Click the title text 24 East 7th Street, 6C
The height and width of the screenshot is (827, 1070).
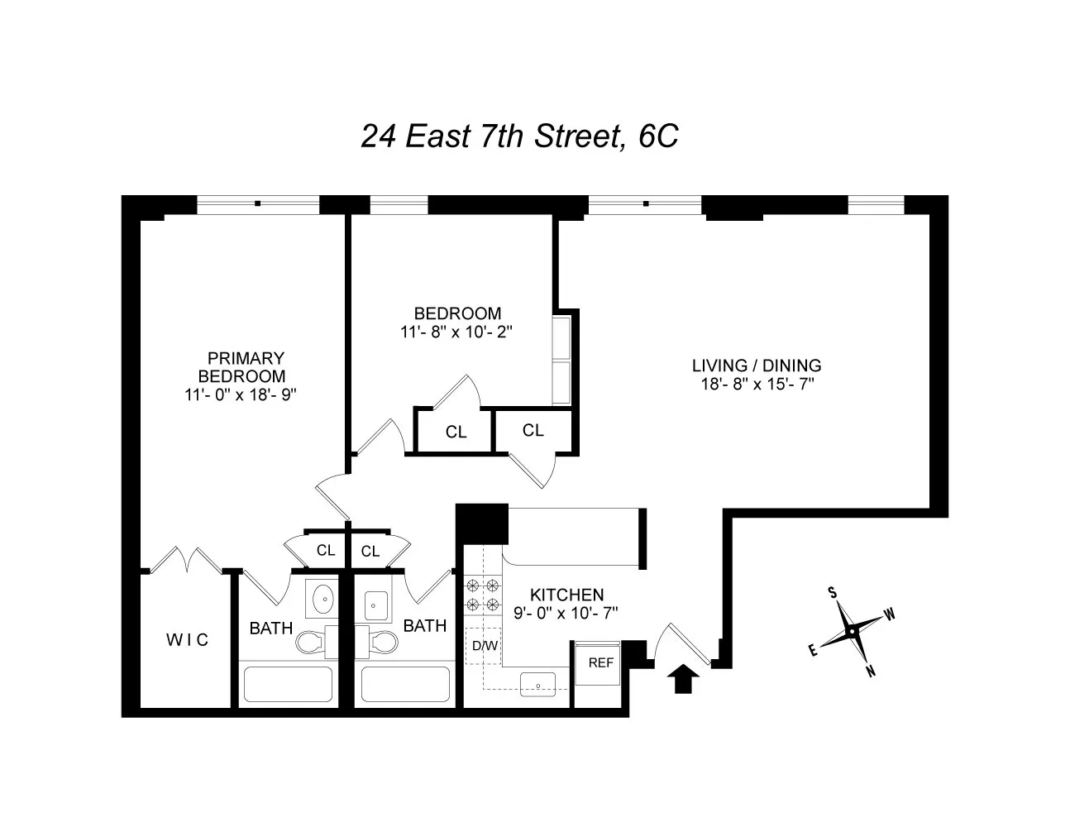pos(519,136)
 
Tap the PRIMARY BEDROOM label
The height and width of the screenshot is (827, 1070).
pos(246,367)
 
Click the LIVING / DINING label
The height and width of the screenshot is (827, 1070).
pos(756,365)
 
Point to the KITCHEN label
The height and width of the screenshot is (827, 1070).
pos(566,595)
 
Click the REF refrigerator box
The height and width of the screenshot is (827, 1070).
pos(600,662)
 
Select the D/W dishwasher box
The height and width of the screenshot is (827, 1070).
pos(485,645)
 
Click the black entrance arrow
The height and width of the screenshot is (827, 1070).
pos(682,680)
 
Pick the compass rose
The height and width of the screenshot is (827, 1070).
pos(852,632)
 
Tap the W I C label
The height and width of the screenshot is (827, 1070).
pos(187,639)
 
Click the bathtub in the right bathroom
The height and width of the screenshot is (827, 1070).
pos(406,684)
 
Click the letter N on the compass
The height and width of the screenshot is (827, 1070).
pos(870,672)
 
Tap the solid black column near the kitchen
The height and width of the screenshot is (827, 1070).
pos(482,524)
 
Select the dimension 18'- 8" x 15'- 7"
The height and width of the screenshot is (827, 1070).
pos(756,383)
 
